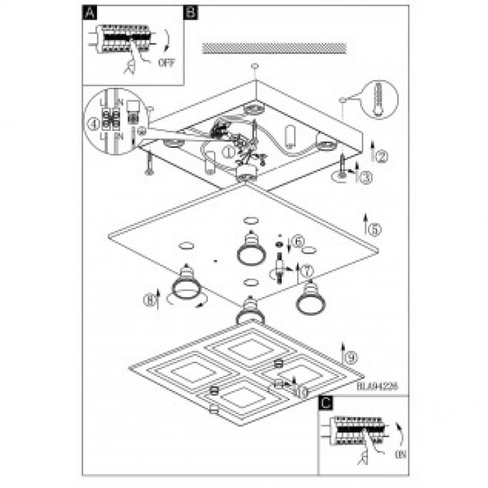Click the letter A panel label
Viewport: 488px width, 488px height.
[89, 12]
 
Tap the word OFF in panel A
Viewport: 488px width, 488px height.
[167, 62]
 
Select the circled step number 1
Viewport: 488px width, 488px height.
[227, 148]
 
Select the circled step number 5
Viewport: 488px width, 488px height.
[374, 229]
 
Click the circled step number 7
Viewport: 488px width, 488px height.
[307, 269]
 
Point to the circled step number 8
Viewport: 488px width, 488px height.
[148, 300]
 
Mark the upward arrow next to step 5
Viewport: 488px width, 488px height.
[365, 223]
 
